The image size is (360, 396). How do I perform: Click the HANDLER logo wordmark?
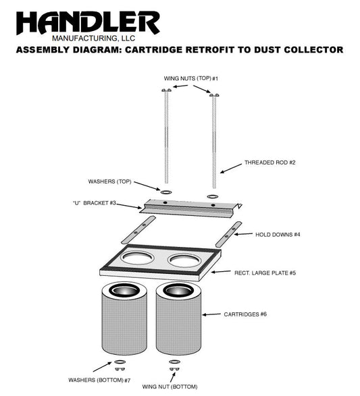(x=88, y=23)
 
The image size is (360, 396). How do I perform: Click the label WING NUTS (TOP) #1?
(x=191, y=78)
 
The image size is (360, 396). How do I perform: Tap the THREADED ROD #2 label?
(x=269, y=163)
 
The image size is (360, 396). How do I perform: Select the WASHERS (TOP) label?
(x=109, y=181)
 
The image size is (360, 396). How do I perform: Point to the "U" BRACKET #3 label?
(x=95, y=203)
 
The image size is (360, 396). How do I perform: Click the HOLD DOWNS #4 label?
(x=278, y=234)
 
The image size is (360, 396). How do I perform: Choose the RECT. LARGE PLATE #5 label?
(x=265, y=273)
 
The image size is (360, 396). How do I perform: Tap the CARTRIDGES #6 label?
(x=245, y=314)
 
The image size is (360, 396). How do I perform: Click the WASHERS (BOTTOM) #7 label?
(x=99, y=380)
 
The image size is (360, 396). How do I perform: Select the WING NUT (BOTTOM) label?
(x=170, y=387)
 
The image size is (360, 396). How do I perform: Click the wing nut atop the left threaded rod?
(x=166, y=90)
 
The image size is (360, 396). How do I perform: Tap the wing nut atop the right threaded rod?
(x=214, y=95)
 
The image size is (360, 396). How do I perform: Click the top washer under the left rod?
(x=166, y=192)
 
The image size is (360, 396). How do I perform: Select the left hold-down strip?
(x=138, y=229)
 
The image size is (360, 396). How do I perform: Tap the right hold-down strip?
(x=229, y=234)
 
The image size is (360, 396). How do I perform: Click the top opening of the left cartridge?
(x=124, y=291)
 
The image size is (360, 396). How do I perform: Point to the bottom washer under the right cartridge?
(x=174, y=362)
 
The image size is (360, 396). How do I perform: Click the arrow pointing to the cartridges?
(x=211, y=314)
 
